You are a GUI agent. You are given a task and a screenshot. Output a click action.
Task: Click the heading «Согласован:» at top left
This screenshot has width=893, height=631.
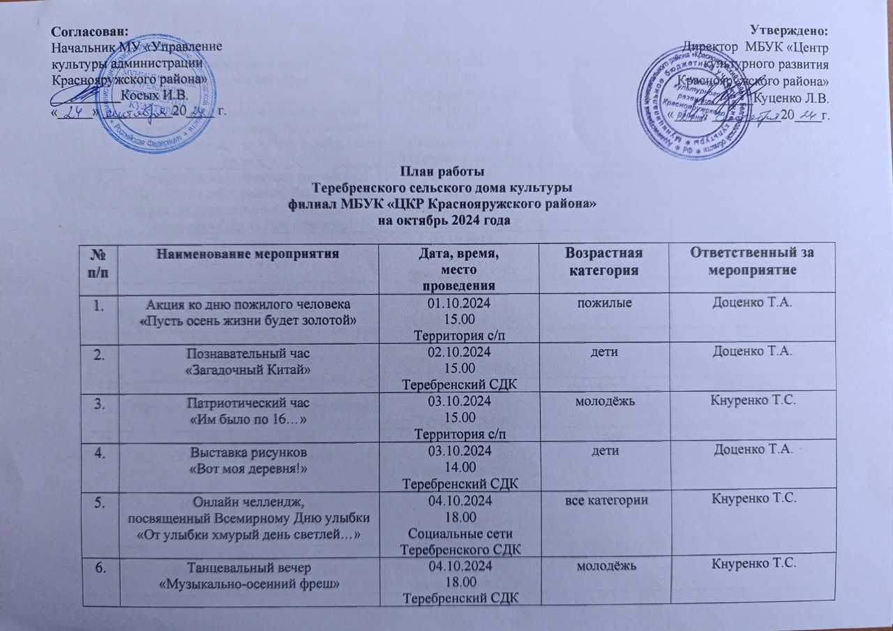pos(91,31)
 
